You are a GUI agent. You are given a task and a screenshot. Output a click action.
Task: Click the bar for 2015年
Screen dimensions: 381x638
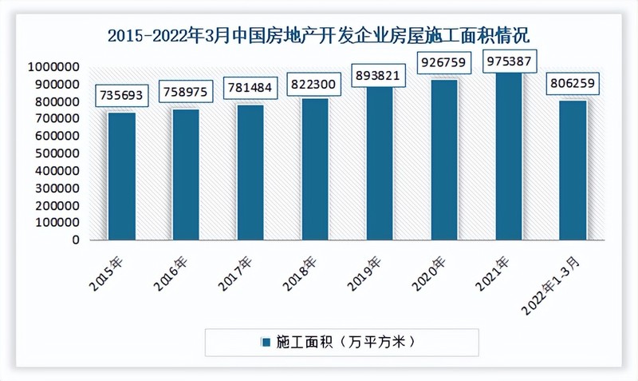121,176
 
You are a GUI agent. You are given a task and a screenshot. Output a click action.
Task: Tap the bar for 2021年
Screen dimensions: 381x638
509,156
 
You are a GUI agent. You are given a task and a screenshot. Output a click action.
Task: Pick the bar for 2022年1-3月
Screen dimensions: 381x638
573,169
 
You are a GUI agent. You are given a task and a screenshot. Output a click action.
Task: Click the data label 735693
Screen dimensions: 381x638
121,95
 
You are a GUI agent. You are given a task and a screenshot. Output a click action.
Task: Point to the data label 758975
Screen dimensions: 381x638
186,91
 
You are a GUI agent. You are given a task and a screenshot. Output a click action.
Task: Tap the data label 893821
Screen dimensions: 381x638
380,75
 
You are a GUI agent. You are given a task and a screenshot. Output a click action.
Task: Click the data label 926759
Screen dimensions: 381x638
444,61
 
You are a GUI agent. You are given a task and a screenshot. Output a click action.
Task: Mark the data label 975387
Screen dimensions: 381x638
509,60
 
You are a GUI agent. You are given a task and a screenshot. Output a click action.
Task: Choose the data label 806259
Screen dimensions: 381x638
573,83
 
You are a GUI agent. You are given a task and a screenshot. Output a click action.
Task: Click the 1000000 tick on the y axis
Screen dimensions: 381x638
51,67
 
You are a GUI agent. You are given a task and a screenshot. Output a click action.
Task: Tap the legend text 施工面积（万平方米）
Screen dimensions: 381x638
347,343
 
